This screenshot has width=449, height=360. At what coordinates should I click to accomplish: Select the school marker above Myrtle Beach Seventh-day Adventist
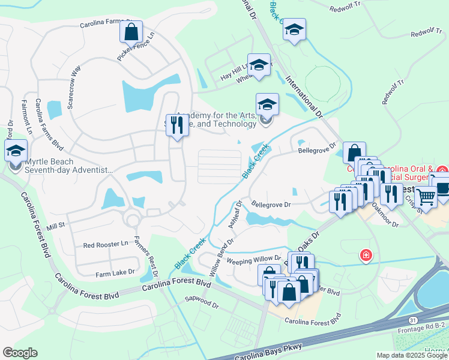tap(16, 151)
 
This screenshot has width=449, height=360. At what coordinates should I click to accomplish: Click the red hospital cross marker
tap(365, 256)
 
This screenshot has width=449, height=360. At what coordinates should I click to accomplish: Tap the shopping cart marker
tap(426, 196)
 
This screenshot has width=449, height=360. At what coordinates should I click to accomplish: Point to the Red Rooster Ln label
tap(106, 245)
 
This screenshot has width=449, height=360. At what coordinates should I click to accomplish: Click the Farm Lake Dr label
tap(115, 274)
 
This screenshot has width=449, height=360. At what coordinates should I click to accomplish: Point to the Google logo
tap(20, 353)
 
